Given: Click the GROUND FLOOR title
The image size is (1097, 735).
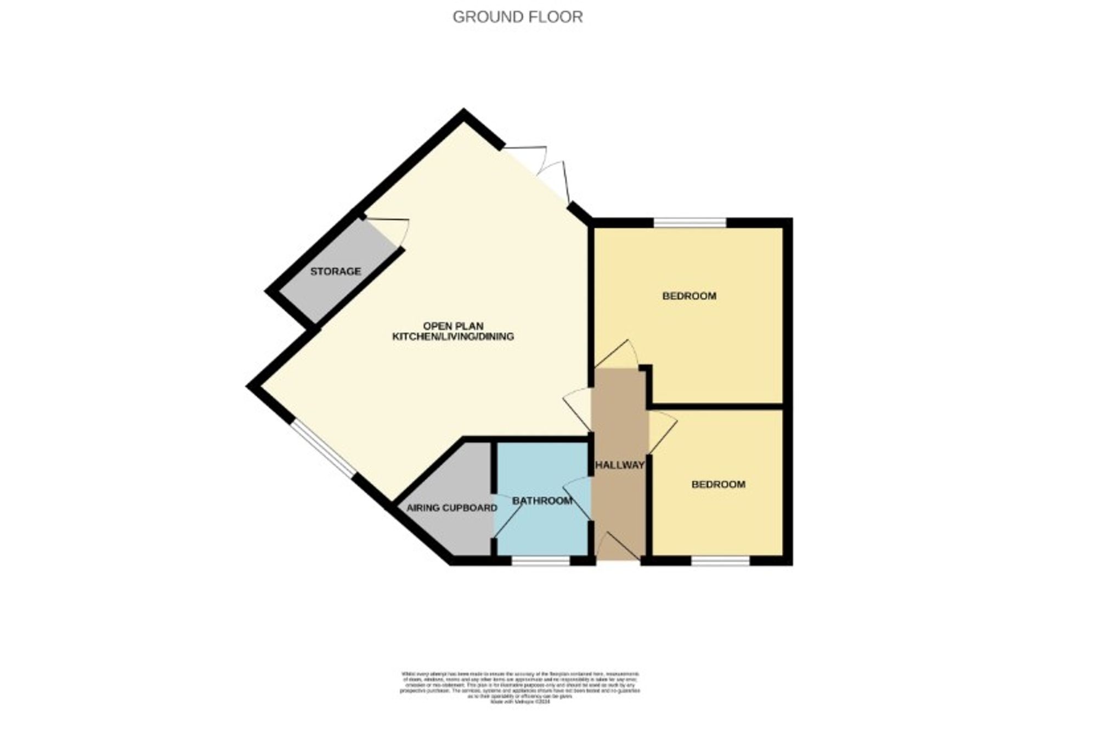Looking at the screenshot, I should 517,17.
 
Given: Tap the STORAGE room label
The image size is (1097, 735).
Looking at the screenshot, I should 335,271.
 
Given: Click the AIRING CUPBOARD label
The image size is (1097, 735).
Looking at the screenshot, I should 451,508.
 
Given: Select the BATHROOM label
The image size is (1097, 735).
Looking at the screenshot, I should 542,501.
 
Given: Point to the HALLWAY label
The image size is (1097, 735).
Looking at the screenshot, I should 620,465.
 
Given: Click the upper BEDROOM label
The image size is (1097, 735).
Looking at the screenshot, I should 689,296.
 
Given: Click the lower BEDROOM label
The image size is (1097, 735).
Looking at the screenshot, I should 718,484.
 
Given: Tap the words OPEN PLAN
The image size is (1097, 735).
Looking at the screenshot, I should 453,326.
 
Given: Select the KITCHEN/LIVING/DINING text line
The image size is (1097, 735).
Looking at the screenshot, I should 453,336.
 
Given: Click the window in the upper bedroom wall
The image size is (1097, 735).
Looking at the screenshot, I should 689,222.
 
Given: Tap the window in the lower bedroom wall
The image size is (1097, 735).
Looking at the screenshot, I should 720,560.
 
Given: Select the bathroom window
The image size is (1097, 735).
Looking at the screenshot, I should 541,560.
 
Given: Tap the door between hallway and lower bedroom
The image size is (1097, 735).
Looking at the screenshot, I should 661,431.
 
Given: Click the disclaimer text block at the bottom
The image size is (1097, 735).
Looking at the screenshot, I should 519,687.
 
